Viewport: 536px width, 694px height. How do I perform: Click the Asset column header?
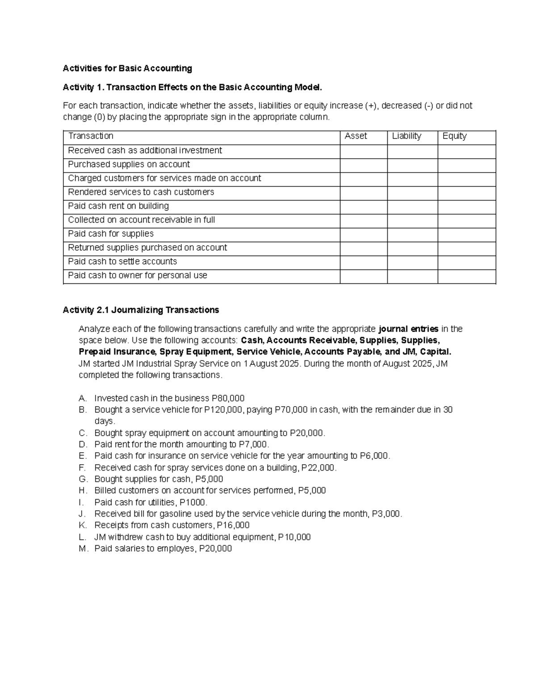[356, 136]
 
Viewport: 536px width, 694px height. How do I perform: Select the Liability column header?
[406, 136]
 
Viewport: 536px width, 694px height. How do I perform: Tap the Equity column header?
[454, 136]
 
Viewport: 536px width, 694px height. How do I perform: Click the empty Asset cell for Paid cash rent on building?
[363, 207]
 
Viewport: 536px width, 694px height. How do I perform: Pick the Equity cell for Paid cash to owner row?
[466, 277]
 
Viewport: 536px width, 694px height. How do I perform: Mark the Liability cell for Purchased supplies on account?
[412, 165]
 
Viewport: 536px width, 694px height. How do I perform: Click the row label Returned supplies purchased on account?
[147, 248]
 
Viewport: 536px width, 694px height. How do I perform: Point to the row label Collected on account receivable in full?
[141, 220]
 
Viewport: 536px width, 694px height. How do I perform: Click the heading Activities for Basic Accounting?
[127, 68]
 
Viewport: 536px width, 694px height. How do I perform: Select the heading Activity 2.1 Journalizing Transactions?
[141, 310]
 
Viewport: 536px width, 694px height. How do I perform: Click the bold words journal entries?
[408, 329]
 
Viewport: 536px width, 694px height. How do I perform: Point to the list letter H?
[82, 491]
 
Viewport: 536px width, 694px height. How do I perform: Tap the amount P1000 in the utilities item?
[193, 502]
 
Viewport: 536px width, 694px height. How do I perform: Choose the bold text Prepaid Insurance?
[117, 352]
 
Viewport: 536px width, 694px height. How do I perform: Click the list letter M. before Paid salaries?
[84, 549]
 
